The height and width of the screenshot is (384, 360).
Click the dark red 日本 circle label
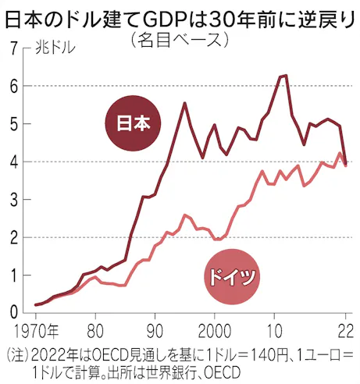click(x=133, y=123)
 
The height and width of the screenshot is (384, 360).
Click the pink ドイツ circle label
click(x=232, y=276)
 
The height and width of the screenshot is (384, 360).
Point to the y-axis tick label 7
click(x=14, y=48)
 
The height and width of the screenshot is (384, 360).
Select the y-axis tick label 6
click(x=14, y=86)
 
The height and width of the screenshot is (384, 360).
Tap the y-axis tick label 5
click(x=14, y=124)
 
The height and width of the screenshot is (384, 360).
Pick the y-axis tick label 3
click(x=14, y=200)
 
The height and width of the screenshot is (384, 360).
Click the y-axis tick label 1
click(x=15, y=276)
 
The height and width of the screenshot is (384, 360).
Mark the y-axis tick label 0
click(x=14, y=312)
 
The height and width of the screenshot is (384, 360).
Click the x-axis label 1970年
click(x=36, y=332)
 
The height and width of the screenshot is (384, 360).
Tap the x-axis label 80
click(x=95, y=332)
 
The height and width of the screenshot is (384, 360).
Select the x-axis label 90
click(x=155, y=332)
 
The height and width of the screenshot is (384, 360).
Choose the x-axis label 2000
click(x=215, y=332)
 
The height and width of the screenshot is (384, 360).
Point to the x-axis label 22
click(x=346, y=332)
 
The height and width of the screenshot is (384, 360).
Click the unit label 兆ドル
click(x=55, y=48)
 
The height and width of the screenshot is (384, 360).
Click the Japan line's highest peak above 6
click(x=287, y=75)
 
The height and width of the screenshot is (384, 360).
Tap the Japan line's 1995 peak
click(x=184, y=103)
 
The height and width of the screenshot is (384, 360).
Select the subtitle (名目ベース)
click(x=180, y=41)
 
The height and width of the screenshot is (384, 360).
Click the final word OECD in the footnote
click(x=222, y=373)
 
